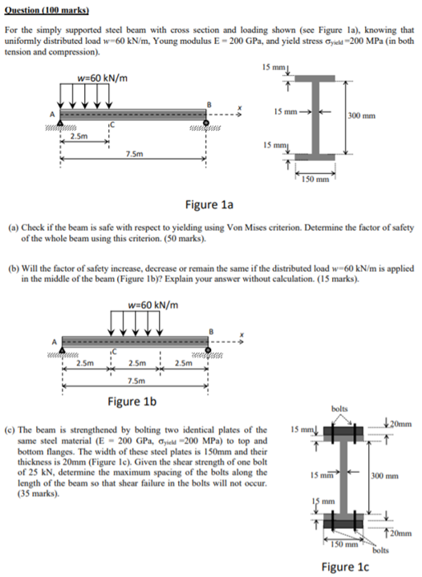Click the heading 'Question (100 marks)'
[47, 10]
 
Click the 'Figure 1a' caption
[209, 204]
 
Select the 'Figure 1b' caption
[132, 401]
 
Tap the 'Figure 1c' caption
[345, 567]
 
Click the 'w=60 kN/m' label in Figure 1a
[103, 78]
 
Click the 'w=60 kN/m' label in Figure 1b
[153, 305]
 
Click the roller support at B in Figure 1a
[206, 123]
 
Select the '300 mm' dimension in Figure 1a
[362, 116]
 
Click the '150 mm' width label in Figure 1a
[315, 180]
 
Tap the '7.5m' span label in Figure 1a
[134, 154]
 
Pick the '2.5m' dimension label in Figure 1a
[79, 136]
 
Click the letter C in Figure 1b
[113, 352]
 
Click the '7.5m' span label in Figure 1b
[136, 381]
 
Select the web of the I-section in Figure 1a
[315, 117]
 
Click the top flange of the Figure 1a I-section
[315, 78]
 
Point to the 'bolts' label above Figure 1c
[339, 409]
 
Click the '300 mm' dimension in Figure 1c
[385, 476]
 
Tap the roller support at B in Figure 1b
[209, 349]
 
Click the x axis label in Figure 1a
[240, 108]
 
